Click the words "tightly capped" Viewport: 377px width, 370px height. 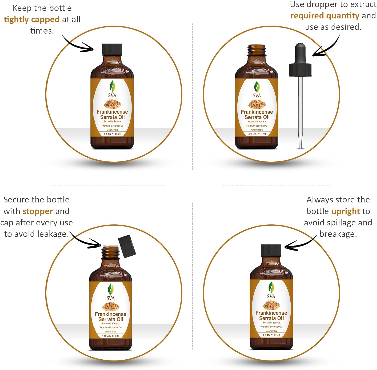point(31,20)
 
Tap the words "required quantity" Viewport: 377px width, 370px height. point(325,16)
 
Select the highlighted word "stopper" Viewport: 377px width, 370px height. point(38,211)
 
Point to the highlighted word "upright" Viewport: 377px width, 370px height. point(346,211)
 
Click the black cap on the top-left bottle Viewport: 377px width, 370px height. point(112,49)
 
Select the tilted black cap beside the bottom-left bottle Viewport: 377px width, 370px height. point(127,246)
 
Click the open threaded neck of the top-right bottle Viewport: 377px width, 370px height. point(257,50)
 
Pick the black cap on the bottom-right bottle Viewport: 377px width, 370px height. point(271,250)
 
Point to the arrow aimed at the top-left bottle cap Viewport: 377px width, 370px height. point(78,45)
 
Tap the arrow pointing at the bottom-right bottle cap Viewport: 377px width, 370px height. point(301,243)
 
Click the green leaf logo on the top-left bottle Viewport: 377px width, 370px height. point(112,87)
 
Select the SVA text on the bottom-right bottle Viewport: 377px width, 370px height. point(271,296)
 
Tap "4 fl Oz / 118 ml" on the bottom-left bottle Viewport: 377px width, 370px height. point(111,336)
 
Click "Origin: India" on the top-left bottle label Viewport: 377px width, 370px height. point(112,130)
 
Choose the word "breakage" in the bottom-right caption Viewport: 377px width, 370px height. point(338,234)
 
